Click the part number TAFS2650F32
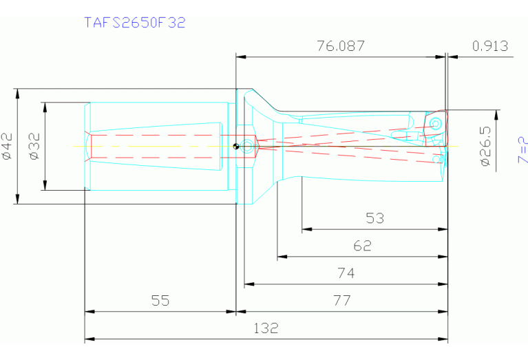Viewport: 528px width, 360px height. pyautogui.click(x=135, y=22)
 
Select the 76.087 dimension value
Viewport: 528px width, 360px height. pyautogui.click(x=340, y=46)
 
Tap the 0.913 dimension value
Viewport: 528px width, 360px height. pyautogui.click(x=490, y=46)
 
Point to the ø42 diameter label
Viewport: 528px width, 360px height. pyautogui.click(x=8, y=146)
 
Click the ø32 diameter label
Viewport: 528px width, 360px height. pyautogui.click(x=35, y=146)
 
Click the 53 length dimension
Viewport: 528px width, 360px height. pyautogui.click(x=374, y=219)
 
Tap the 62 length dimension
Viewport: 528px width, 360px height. pyautogui.click(x=362, y=246)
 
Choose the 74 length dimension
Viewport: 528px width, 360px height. pyautogui.click(x=346, y=273)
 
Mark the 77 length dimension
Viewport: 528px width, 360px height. pyautogui.click(x=341, y=301)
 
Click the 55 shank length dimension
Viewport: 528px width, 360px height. pyautogui.click(x=160, y=301)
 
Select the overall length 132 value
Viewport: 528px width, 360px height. pyautogui.click(x=266, y=328)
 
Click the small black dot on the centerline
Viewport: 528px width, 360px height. pyautogui.click(x=235, y=145)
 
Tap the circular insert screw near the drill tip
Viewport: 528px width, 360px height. pyautogui.click(x=436, y=123)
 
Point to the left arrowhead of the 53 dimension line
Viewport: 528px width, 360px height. pyautogui.click(x=305, y=229)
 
